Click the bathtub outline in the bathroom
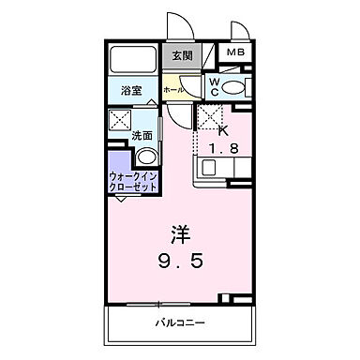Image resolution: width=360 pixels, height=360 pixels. tap(133, 60)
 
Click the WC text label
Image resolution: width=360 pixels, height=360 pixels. tap(214, 88)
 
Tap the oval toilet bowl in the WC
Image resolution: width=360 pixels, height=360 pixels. tap(234, 88)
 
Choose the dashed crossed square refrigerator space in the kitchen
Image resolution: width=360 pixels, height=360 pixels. tap(209, 118)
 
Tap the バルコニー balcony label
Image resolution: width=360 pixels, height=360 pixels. tap(178, 323)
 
